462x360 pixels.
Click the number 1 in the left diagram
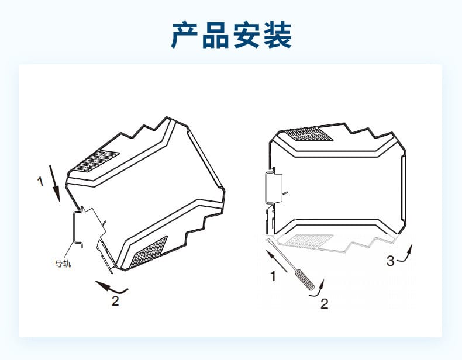coord(40,182)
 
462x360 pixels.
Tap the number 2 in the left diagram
coord(115,301)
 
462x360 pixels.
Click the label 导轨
coord(63,264)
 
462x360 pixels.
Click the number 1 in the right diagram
coord(273,276)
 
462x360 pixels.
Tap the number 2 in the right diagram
coord(324,303)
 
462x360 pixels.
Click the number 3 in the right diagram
coord(390,261)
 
